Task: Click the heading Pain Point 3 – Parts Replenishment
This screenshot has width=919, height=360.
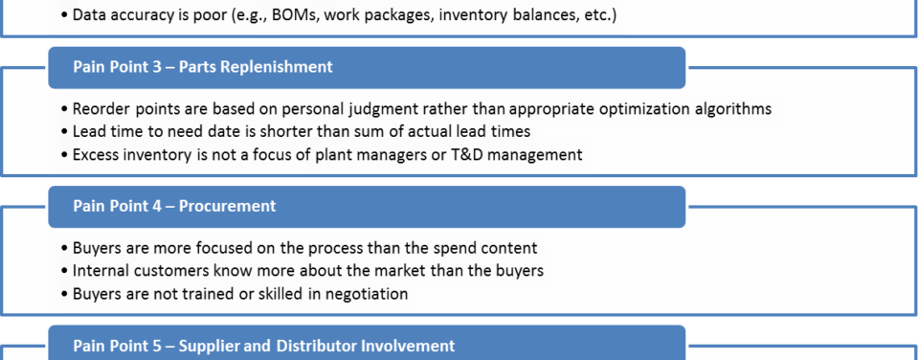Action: coord(203,67)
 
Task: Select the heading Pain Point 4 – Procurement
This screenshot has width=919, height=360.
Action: coord(174,207)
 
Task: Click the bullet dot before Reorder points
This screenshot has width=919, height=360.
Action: coord(64,110)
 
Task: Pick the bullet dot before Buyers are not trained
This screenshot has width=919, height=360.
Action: coord(64,294)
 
